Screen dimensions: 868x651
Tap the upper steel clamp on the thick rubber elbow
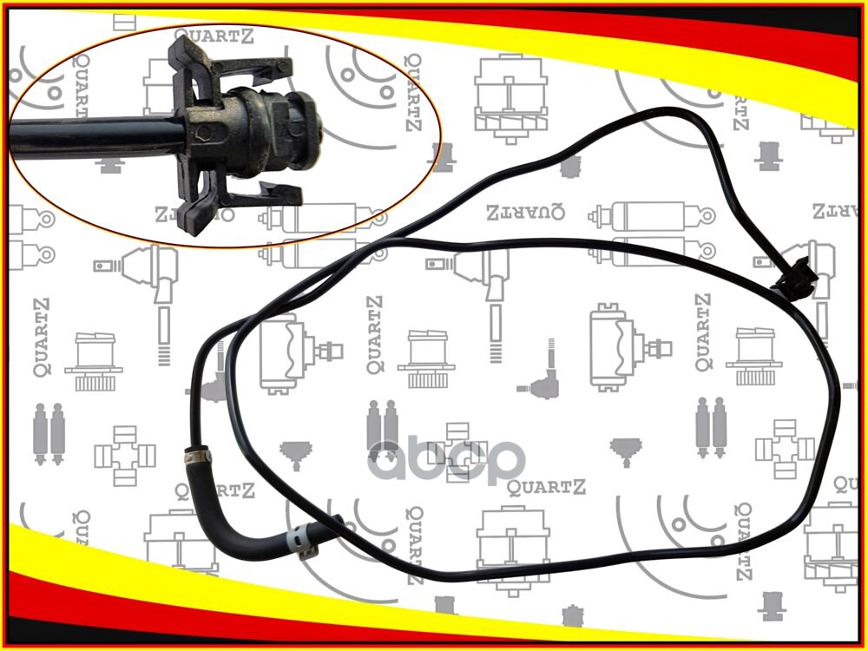coord(199,452)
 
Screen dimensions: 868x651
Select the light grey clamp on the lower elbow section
coord(299,539)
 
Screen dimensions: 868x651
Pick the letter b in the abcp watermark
coord(431,457)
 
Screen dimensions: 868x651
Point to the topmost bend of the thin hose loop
coord(668,111)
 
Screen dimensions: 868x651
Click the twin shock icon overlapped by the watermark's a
coord(382,425)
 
